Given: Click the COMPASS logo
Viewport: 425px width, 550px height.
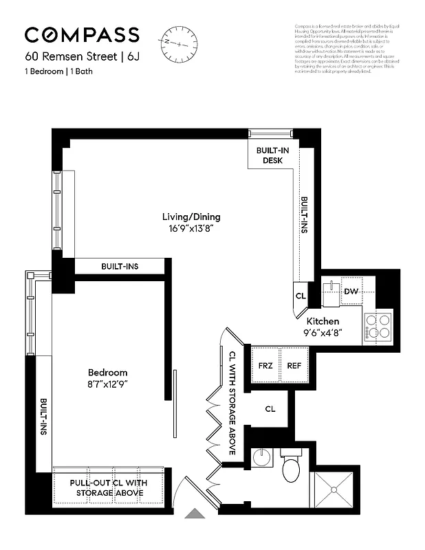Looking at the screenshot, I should point(82,35).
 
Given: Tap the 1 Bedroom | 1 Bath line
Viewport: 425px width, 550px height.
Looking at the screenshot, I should point(60,72).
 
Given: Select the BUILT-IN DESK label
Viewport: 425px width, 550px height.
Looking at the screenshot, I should point(273,155).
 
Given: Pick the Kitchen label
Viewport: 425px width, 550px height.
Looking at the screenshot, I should point(323,321).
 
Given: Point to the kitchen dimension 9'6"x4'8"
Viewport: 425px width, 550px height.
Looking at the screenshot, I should point(323,332).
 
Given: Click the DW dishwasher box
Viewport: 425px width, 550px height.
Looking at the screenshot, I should point(350,291).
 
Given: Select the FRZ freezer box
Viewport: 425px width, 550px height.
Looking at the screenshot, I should point(266,366).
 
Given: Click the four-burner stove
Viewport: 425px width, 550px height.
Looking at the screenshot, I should point(378,326).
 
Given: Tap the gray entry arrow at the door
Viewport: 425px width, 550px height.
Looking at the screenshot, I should point(197,514).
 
